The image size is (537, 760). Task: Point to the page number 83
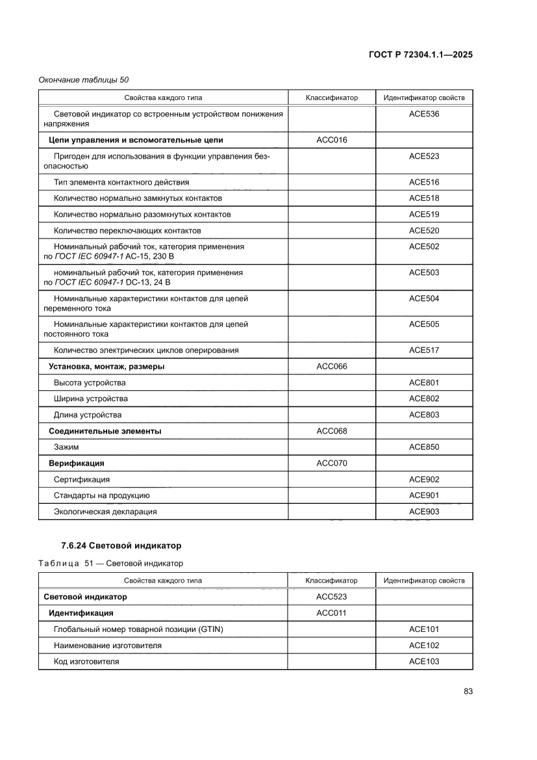click(468, 691)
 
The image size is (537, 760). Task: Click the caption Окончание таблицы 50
click(84, 80)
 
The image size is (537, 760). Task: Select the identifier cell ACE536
click(424, 114)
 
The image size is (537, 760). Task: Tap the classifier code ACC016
click(331, 140)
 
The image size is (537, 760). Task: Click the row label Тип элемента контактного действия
click(121, 182)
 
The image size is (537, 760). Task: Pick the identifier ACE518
click(424, 198)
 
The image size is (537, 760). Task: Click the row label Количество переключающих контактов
click(127, 231)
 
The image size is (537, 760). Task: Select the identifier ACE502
click(424, 246)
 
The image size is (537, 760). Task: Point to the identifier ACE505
click(424, 324)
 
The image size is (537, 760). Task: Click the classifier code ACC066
click(331, 367)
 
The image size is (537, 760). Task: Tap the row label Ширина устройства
click(91, 399)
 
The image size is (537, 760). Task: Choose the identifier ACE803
click(424, 415)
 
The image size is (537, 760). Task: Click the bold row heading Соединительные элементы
click(105, 431)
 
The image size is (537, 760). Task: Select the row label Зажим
click(66, 447)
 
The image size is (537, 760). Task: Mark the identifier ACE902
click(424, 479)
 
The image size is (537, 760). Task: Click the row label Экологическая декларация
click(105, 512)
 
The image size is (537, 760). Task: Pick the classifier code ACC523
click(331, 597)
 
